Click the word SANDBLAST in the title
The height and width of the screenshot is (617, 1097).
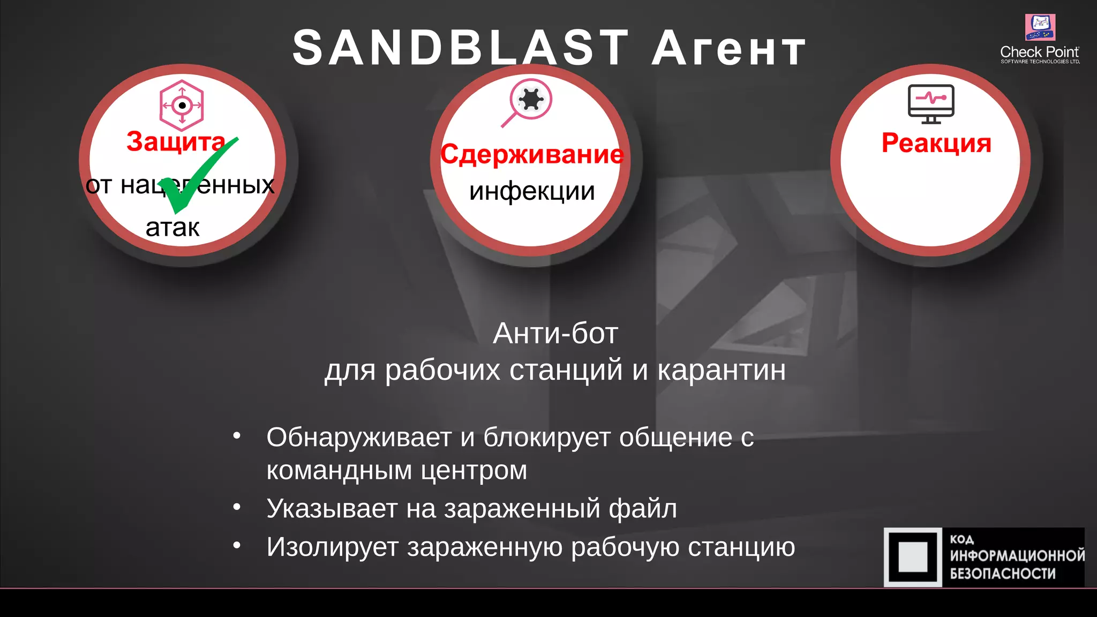461,48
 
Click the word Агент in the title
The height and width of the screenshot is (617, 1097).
728,49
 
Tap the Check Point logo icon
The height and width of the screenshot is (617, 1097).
1040,27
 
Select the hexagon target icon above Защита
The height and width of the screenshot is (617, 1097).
182,106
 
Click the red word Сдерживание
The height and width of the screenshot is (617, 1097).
532,155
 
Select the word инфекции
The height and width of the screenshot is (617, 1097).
532,191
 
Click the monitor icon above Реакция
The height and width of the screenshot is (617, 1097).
931,104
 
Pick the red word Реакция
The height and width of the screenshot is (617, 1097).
936,143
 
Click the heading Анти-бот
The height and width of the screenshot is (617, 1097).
555,333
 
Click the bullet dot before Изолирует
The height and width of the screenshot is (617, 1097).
237,545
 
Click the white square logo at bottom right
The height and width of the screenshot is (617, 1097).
913,557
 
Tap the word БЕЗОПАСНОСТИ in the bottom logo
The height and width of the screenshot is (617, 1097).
1003,574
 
